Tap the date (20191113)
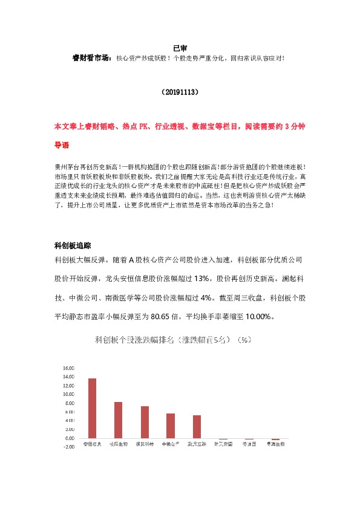[x=180, y=93]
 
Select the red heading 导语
[x=62, y=146]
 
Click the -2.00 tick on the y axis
[x=68, y=447]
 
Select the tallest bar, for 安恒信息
[x=93, y=408]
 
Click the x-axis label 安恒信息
[x=93, y=444]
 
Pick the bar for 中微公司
[x=171, y=426]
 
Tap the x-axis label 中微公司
[x=171, y=444]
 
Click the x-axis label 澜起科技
[x=145, y=444]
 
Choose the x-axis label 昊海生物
[x=275, y=444]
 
